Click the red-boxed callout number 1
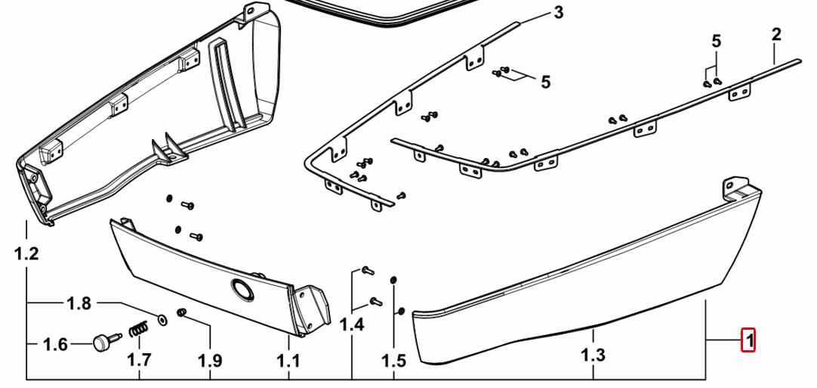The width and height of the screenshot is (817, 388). tap(749, 340)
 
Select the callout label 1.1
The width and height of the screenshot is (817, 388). tap(288, 361)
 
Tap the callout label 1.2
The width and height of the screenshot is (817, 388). tap(26, 254)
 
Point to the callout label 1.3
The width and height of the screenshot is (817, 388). tap(593, 355)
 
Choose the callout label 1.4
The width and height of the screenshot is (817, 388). tap(352, 324)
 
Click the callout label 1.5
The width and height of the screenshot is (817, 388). tap(393, 361)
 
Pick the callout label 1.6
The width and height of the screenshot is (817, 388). tap(54, 345)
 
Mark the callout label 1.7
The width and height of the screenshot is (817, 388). tap(140, 360)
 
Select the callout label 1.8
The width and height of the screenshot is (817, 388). tap(79, 303)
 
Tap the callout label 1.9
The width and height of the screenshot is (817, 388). tap(210, 361)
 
